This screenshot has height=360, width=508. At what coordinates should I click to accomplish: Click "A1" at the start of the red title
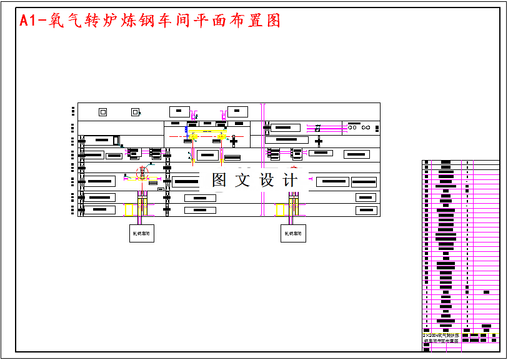click(29, 21)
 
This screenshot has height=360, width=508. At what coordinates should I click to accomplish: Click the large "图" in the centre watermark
click(219, 180)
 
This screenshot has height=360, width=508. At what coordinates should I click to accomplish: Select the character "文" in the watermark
click(242, 180)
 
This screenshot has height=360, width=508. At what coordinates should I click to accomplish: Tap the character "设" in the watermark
click(267, 180)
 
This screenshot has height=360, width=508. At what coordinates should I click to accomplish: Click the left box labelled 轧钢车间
click(141, 234)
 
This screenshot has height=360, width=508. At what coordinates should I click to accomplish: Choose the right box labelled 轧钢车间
click(293, 234)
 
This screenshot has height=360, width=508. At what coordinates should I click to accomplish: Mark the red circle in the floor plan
click(143, 172)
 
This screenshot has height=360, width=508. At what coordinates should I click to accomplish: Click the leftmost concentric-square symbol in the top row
click(103, 112)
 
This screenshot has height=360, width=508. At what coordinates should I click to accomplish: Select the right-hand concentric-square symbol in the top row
click(135, 112)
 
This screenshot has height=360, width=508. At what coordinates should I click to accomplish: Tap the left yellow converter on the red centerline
click(194, 136)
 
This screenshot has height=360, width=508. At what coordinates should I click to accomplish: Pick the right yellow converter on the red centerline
click(221, 136)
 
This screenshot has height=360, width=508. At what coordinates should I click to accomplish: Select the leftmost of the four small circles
click(351, 127)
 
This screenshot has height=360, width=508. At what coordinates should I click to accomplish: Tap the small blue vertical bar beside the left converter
click(186, 129)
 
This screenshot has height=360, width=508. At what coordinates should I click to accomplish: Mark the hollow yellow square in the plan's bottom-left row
click(129, 209)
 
